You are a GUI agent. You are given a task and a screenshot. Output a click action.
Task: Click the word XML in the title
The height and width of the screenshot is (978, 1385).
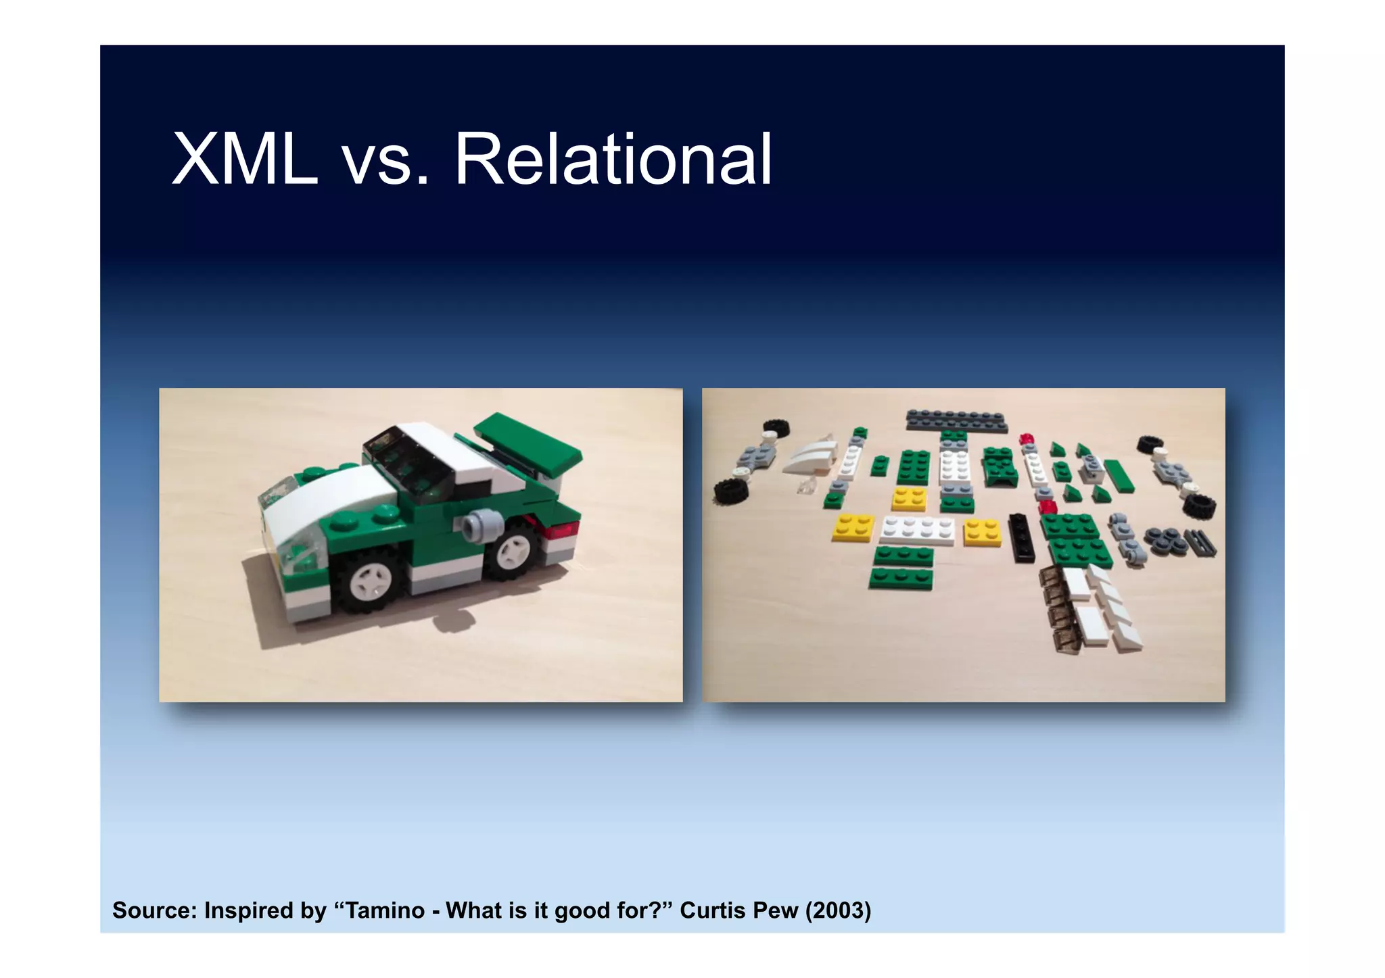click(x=245, y=160)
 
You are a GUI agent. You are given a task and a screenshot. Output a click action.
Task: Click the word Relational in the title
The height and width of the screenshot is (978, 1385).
click(x=613, y=160)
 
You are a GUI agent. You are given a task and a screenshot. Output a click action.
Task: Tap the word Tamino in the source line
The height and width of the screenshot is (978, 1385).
click(x=385, y=910)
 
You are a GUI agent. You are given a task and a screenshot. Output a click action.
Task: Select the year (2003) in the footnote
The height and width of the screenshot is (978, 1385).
click(x=838, y=910)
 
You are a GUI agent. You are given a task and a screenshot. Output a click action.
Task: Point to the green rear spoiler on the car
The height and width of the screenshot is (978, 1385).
click(x=527, y=443)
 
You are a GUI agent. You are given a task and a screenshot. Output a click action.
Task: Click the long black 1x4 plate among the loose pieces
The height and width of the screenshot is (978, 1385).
click(x=1021, y=538)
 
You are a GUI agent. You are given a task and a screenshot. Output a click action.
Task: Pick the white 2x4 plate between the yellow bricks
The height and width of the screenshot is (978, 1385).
click(x=918, y=531)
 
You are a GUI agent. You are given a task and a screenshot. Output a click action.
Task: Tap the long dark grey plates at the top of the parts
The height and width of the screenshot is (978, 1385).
click(x=956, y=420)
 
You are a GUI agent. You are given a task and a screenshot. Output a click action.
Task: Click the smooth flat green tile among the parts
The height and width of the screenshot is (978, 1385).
click(x=1119, y=476)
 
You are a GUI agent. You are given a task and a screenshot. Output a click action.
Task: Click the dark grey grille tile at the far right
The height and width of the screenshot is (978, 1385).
click(x=1201, y=543)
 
